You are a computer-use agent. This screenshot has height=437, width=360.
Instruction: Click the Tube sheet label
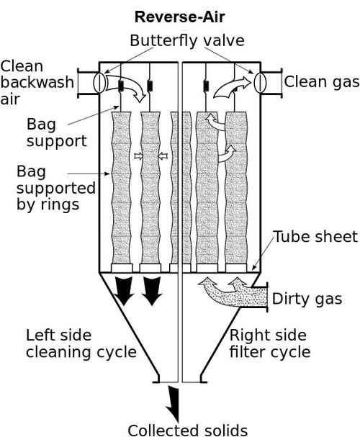(x=316, y=238)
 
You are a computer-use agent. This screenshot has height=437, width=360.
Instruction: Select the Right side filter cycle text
(x=269, y=343)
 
